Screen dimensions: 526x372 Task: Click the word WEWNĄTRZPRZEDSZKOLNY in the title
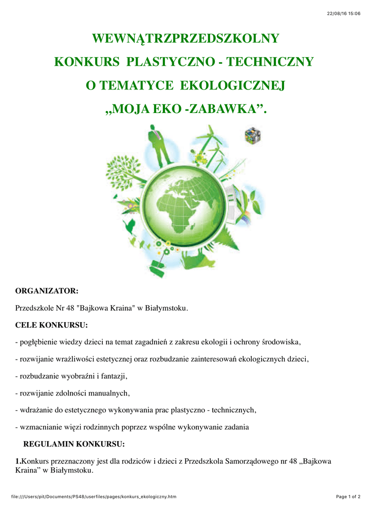pyautogui.click(x=185, y=39)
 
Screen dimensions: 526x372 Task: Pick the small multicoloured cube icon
pyautogui.click(x=252, y=135)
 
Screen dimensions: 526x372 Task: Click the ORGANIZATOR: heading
pyautogui.click(x=47, y=291)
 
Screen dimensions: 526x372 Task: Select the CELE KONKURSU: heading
pyautogui.click(x=51, y=325)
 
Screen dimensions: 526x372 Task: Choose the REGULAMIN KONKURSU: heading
pyautogui.click(x=74, y=444)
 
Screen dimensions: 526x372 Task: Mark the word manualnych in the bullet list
pyautogui.click(x=109, y=393)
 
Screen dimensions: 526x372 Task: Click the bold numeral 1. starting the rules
pyautogui.click(x=18, y=461)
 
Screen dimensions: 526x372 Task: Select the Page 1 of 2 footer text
pyautogui.click(x=348, y=497)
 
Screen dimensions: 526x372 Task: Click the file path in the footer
pyautogui.click(x=94, y=497)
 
